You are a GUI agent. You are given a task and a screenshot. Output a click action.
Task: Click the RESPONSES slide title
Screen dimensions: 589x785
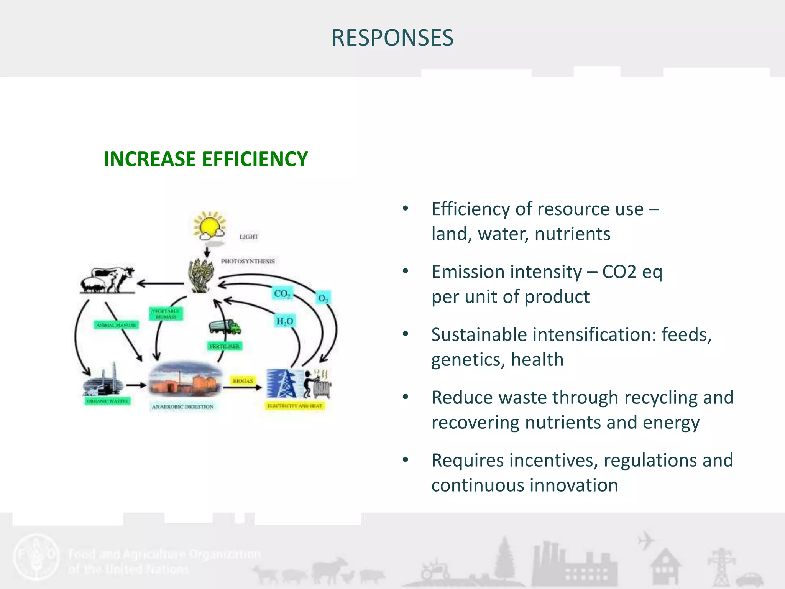coord(392,38)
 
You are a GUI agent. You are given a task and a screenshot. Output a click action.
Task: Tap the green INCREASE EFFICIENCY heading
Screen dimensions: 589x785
coord(205,159)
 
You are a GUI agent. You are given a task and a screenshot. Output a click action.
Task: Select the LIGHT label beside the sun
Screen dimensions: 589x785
coord(249,237)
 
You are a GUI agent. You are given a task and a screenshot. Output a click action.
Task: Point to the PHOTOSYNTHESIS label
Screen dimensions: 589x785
coord(248,262)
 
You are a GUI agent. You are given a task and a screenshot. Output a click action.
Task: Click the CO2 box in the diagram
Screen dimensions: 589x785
coord(282,294)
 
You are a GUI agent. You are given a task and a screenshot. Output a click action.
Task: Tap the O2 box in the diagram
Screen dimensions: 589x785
coord(323,298)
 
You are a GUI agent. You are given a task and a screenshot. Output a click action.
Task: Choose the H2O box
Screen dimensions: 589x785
coord(284,321)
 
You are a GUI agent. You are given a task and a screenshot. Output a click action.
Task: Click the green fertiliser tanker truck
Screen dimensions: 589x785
coord(225,327)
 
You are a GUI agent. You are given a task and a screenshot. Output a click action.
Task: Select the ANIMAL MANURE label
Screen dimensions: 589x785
coord(116,325)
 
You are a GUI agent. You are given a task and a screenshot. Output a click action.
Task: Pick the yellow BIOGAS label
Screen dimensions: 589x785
coord(243,381)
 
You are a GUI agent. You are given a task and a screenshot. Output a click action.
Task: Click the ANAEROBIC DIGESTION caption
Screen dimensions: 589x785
coord(182,406)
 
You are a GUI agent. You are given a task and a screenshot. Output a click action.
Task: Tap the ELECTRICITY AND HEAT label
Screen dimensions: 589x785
coord(295,406)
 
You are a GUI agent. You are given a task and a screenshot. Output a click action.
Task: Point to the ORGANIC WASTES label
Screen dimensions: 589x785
coord(107,401)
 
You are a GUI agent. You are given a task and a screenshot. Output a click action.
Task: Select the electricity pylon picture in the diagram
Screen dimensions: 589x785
coord(282,383)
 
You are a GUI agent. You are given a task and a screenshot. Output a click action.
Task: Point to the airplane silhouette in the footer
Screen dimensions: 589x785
coord(646,540)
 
